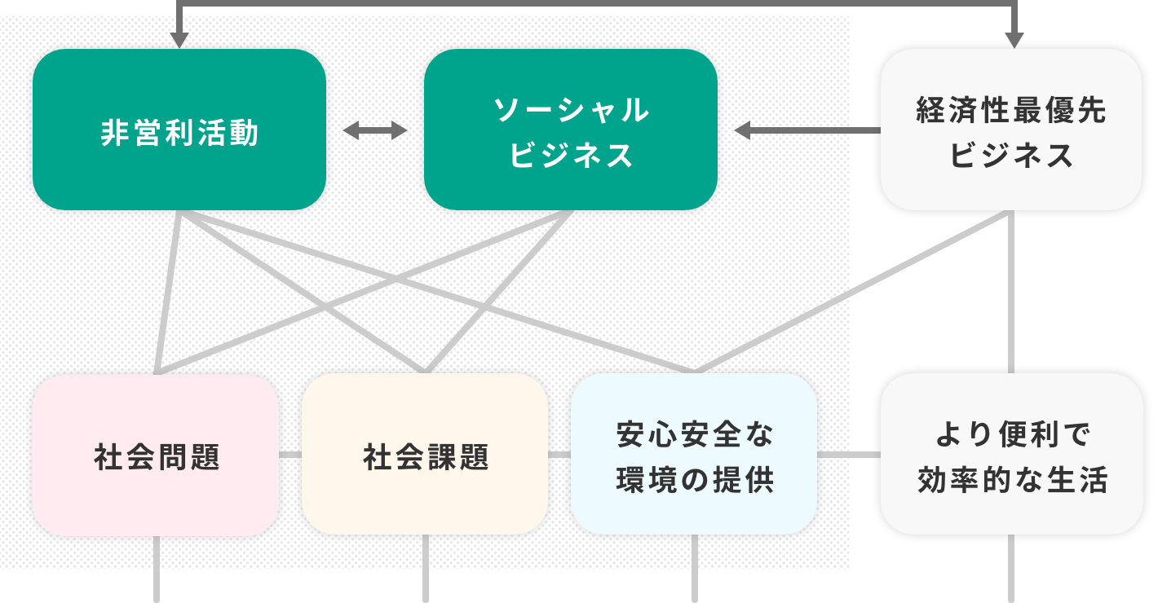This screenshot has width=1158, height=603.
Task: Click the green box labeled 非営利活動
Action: pos(179,130)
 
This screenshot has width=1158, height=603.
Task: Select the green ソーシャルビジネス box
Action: pos(571,130)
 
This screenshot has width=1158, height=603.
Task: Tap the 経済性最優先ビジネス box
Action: pos(1011,130)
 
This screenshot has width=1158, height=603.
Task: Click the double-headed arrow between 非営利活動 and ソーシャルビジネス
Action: pos(374,131)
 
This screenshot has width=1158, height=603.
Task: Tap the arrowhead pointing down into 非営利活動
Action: pos(180,39)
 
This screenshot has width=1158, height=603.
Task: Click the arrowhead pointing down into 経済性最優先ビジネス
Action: pos(1014,39)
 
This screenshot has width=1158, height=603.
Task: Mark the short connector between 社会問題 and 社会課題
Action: pos(291,455)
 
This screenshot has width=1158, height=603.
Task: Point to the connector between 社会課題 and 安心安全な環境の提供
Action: pos(559,455)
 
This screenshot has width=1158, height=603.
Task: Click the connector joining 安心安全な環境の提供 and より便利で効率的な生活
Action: pos(849,455)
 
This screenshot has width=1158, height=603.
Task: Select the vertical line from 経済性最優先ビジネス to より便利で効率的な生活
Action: pos(1012,293)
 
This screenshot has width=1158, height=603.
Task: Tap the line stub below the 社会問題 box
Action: pos(157,570)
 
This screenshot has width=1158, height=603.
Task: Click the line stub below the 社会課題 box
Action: pos(425,570)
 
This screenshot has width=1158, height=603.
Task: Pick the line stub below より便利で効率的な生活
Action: pos(1012,570)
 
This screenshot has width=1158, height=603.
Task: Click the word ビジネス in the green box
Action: pos(571,155)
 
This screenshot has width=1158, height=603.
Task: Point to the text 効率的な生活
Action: pos(1012,481)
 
